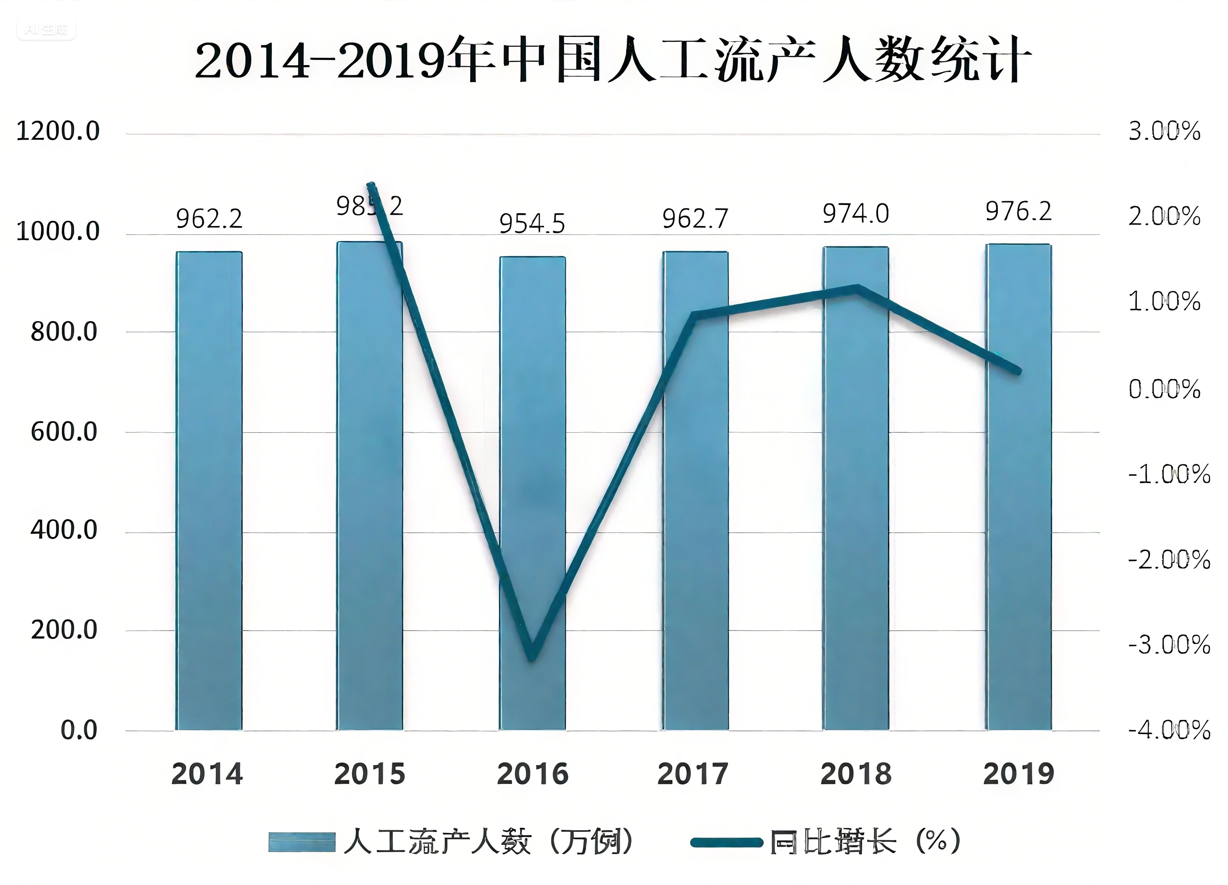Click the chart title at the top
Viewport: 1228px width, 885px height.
[613, 59]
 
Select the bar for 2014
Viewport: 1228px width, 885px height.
[209, 490]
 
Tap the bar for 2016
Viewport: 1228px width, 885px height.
[533, 493]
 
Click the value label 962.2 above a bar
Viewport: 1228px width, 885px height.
[209, 219]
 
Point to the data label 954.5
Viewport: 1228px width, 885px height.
[532, 223]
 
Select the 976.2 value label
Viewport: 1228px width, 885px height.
[1018, 211]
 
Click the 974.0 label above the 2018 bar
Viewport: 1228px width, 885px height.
[856, 213]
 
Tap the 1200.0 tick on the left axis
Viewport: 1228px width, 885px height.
[58, 132]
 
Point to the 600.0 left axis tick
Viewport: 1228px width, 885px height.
[64, 432]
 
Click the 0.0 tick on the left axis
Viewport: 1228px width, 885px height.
[79, 731]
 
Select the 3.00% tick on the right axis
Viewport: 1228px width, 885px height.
[1164, 132]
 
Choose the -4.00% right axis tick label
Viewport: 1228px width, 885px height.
[1169, 731]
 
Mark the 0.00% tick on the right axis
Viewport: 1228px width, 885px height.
[1164, 389]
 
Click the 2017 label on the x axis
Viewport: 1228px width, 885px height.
[693, 774]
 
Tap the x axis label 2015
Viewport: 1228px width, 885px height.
[370, 774]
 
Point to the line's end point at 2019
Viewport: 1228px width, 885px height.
[1018, 372]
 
